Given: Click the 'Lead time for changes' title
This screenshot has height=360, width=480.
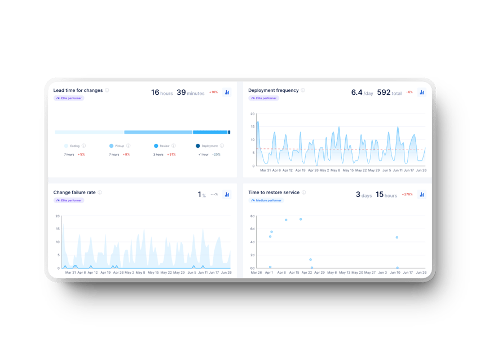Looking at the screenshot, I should point(78,90).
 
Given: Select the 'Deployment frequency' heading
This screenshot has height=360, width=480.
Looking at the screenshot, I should point(273,90).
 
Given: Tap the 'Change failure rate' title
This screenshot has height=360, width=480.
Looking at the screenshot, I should point(74,192).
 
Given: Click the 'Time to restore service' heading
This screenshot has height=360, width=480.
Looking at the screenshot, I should point(274,192).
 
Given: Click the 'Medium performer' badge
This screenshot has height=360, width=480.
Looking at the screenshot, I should point(265,200).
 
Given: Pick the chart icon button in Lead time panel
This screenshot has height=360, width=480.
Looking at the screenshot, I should point(227,92).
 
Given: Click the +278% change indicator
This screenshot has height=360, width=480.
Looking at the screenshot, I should point(407,194).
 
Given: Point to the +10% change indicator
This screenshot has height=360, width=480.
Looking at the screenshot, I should point(213,92).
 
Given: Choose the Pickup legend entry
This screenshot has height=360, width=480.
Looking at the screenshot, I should point(117,146).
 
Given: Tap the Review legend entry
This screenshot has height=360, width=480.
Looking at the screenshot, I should point(161,146).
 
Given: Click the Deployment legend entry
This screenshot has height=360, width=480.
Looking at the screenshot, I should point(207,146).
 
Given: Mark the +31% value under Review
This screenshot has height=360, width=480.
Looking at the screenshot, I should point(171,154).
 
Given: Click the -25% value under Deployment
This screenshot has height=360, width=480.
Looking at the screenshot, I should point(216,154).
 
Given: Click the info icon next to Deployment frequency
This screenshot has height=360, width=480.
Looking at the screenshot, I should point(303,90).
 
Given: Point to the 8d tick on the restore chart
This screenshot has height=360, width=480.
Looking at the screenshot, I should point(253,216).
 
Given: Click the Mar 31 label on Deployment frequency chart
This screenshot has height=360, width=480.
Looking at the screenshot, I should point(265,170).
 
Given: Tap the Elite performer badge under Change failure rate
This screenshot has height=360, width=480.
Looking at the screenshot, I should point(69,200).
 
